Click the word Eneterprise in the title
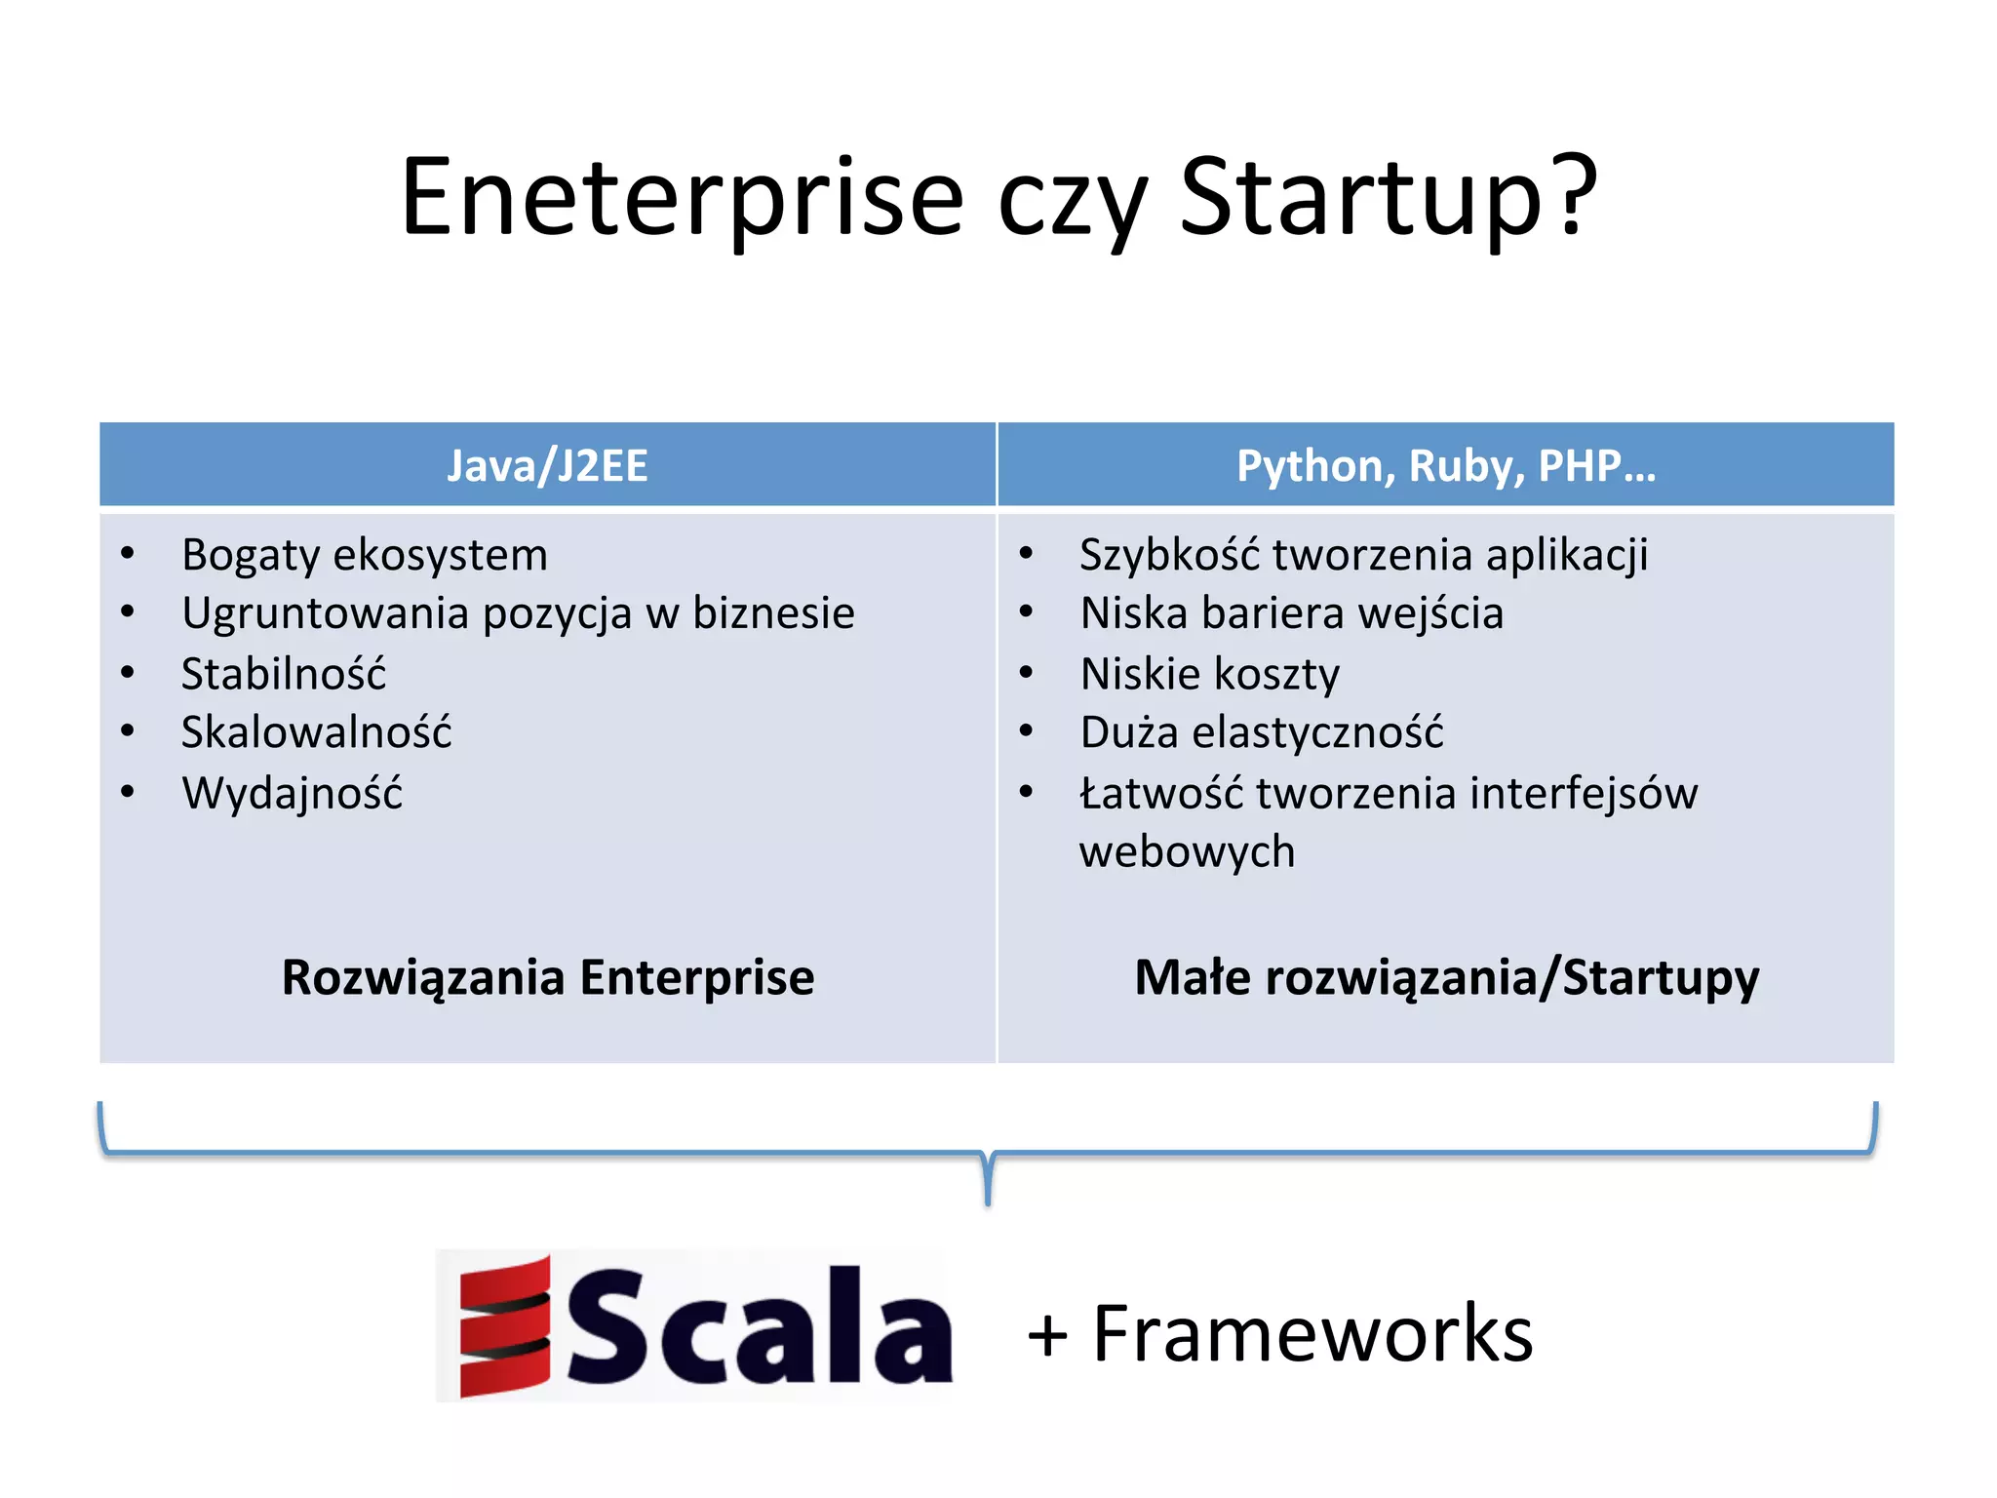coord(682,198)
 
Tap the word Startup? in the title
coord(1388,198)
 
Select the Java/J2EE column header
coord(547,465)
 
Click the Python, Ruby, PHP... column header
coord(1445,465)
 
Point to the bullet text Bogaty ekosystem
coord(365,555)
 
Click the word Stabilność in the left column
coord(284,674)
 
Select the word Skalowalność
coord(316,732)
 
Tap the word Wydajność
coord(292,793)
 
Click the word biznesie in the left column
coord(773,613)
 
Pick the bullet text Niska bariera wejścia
coord(1291,613)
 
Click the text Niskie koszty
coord(1209,674)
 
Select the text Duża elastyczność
coord(1261,732)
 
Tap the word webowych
coord(1187,851)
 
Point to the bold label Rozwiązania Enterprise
coord(547,977)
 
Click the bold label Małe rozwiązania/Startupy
coord(1446,977)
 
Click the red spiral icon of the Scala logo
coord(505,1326)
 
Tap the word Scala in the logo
coord(759,1328)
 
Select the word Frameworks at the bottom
coord(1312,1333)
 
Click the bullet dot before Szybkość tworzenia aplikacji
coord(1026,553)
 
